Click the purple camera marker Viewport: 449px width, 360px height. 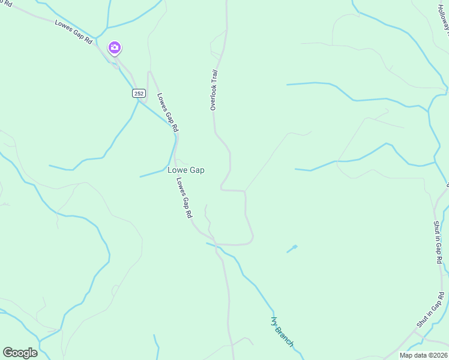click(115, 47)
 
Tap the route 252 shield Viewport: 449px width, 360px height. click(139, 94)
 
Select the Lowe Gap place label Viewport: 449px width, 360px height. click(185, 170)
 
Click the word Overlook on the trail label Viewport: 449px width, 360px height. click(213, 98)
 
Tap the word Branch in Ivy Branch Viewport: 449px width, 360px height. click(285, 337)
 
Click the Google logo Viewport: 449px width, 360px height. click(20, 353)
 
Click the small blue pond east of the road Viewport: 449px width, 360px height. click(294, 247)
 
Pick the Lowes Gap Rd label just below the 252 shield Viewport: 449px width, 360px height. click(167, 112)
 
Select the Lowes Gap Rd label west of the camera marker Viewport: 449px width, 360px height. click(74, 31)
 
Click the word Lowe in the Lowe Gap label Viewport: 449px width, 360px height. click(177, 170)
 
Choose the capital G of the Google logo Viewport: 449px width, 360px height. click(8, 353)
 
